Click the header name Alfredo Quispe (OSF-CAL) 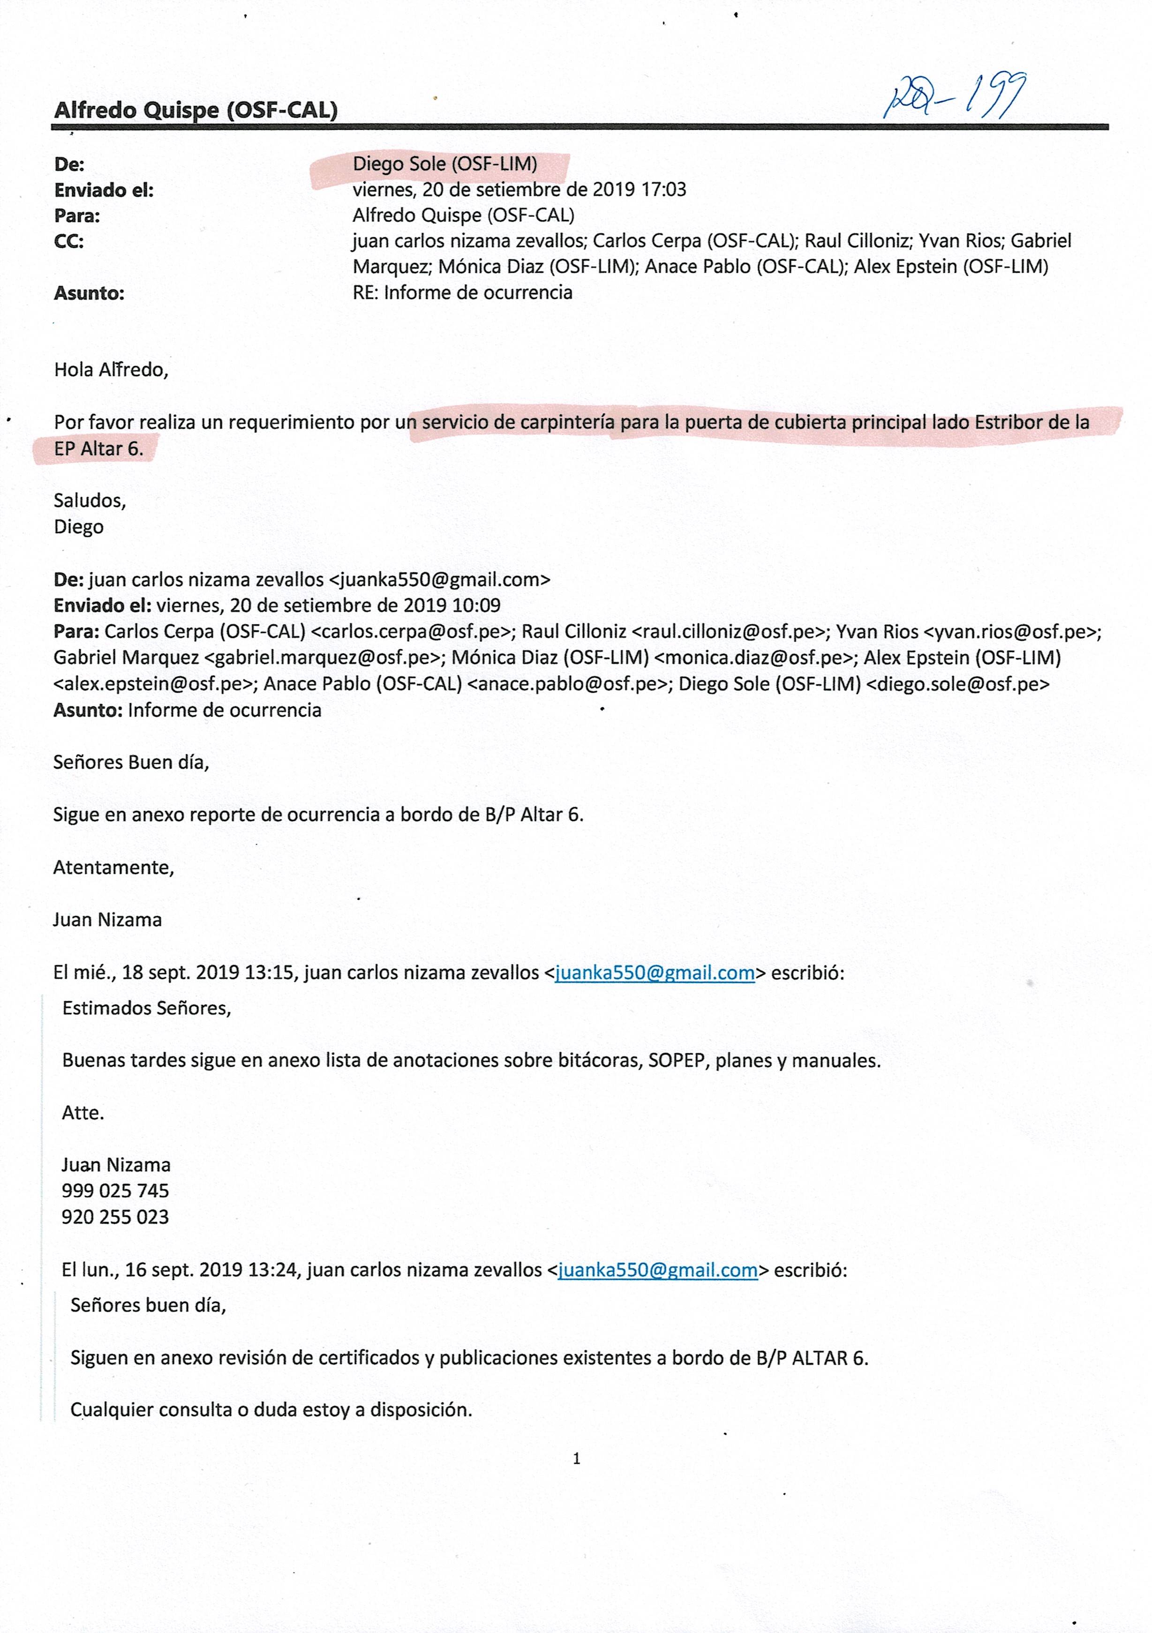pyautogui.click(x=196, y=110)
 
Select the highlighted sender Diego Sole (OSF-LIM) pyautogui.click(x=445, y=165)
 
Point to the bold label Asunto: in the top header pyautogui.click(x=89, y=293)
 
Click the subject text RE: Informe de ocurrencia pyautogui.click(x=462, y=293)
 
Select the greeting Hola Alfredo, pyautogui.click(x=111, y=370)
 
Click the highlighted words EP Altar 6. pyautogui.click(x=98, y=449)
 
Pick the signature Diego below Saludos pyautogui.click(x=78, y=527)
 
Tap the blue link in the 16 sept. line pyautogui.click(x=657, y=1270)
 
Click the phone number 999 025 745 pyautogui.click(x=115, y=1191)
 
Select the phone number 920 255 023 pyautogui.click(x=115, y=1217)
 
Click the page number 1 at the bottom pyautogui.click(x=576, y=1459)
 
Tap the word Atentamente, pyautogui.click(x=113, y=868)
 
